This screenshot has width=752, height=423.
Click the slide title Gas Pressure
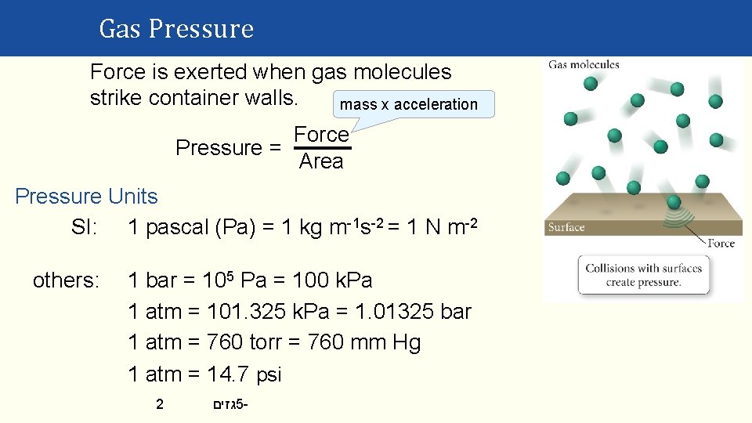176,29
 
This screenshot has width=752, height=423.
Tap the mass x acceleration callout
409,104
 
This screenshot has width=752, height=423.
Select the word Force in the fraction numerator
321,135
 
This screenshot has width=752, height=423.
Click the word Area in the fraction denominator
321,161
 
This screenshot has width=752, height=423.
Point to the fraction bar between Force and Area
322,148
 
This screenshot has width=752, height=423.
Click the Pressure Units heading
86,197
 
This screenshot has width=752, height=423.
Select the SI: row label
84,228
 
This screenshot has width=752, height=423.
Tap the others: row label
66,280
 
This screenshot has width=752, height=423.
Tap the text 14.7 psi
244,374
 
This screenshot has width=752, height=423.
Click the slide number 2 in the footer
160,405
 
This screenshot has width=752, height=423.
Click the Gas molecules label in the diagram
584,65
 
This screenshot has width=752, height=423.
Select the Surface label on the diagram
566,228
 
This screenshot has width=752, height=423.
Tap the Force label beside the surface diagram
721,243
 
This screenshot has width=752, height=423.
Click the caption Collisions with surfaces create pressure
643,274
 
